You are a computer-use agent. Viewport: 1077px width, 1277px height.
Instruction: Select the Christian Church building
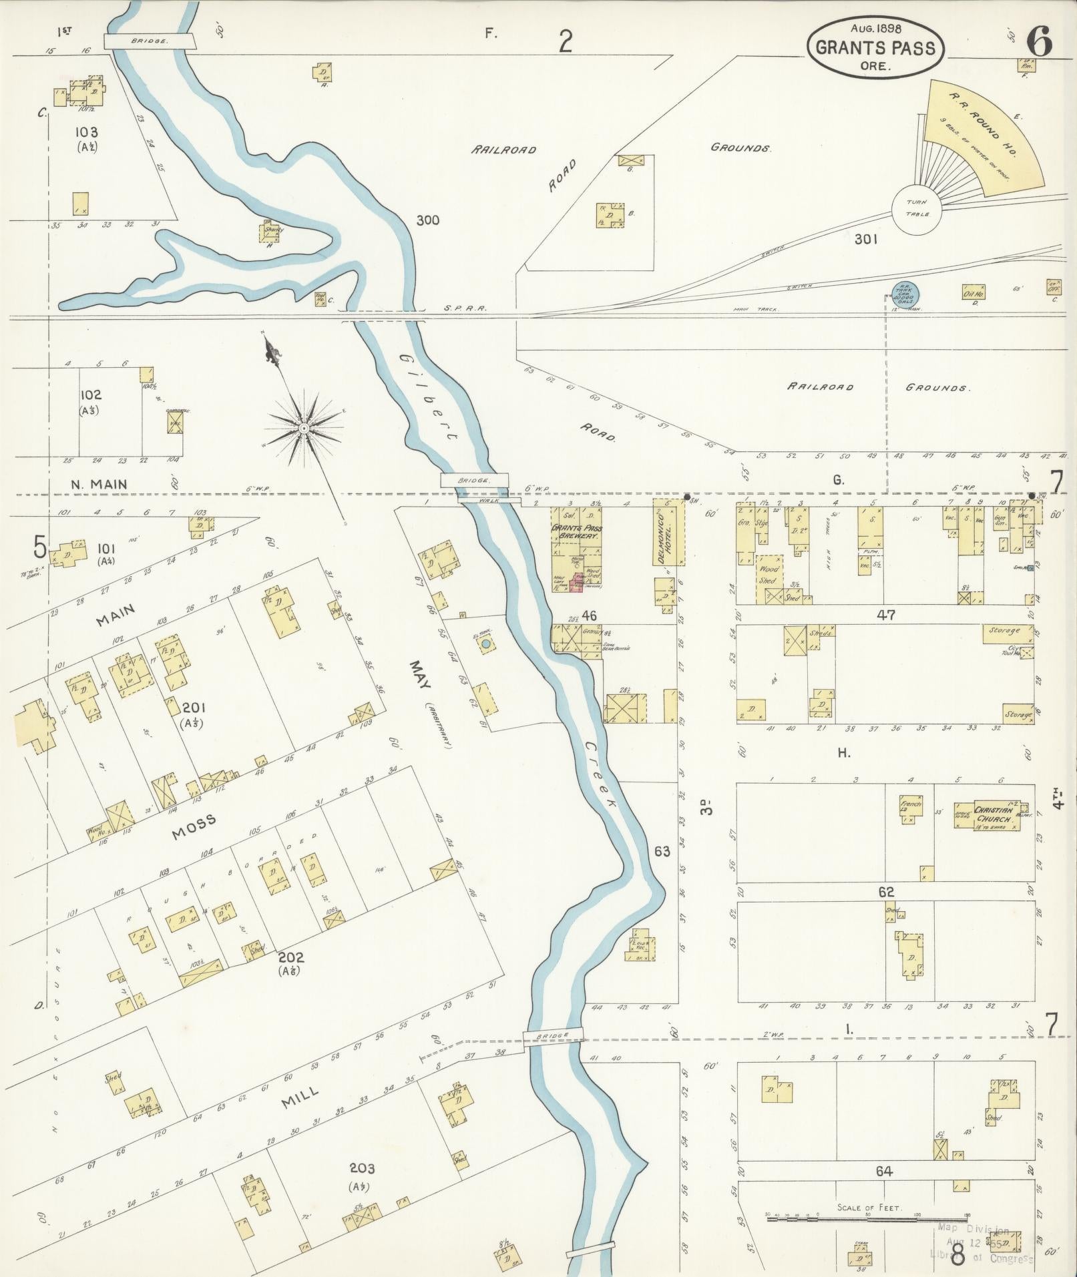[x=988, y=815]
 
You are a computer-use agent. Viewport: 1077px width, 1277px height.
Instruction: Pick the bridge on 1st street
[x=150, y=41]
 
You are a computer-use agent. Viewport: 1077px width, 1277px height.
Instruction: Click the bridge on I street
[x=553, y=1035]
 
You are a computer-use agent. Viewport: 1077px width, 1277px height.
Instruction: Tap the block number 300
[x=427, y=220]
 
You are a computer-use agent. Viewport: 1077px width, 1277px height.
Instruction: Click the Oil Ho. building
[x=974, y=292]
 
